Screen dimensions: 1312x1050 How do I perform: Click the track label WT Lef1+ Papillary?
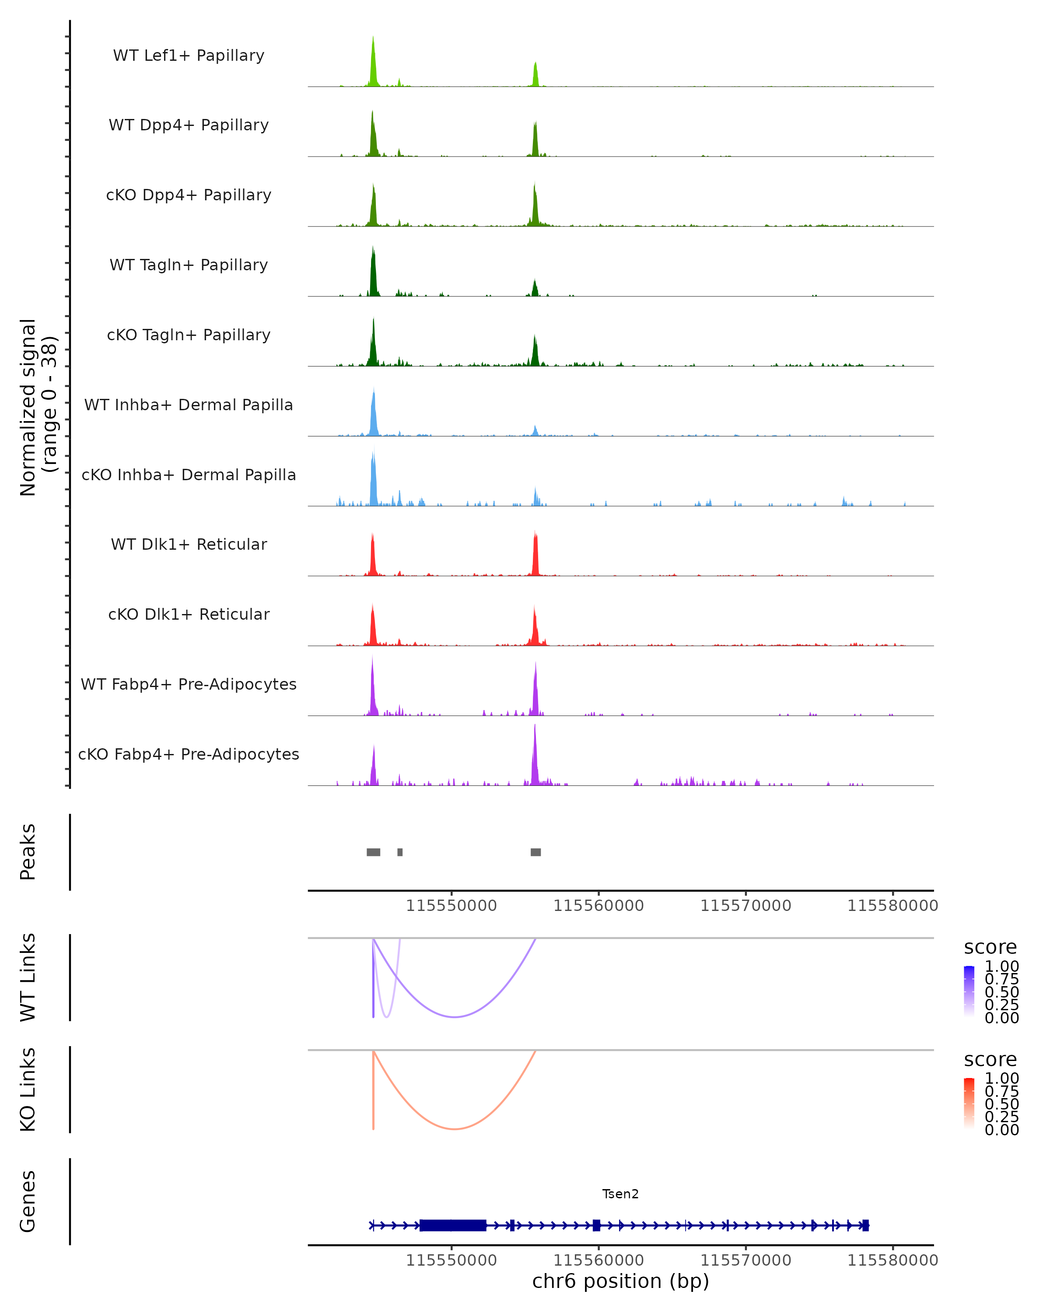[x=189, y=56]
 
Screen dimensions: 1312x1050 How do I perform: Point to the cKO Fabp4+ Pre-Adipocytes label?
[x=189, y=754]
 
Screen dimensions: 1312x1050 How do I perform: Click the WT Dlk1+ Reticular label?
[x=189, y=544]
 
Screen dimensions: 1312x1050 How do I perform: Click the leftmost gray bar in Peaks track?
[x=373, y=852]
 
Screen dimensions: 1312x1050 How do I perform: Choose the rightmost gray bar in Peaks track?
[x=535, y=852]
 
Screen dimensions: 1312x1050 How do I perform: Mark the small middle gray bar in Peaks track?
[x=400, y=852]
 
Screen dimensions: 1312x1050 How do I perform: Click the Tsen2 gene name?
[x=620, y=1194]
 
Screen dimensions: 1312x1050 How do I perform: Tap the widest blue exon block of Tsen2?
[x=453, y=1225]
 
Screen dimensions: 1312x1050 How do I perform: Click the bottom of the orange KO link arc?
[x=454, y=1129]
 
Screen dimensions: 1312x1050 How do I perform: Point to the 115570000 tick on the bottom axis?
[x=745, y=1260]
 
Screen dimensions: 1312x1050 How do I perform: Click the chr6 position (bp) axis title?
[x=620, y=1281]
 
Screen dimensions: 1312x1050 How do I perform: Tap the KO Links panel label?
[x=28, y=1090]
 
